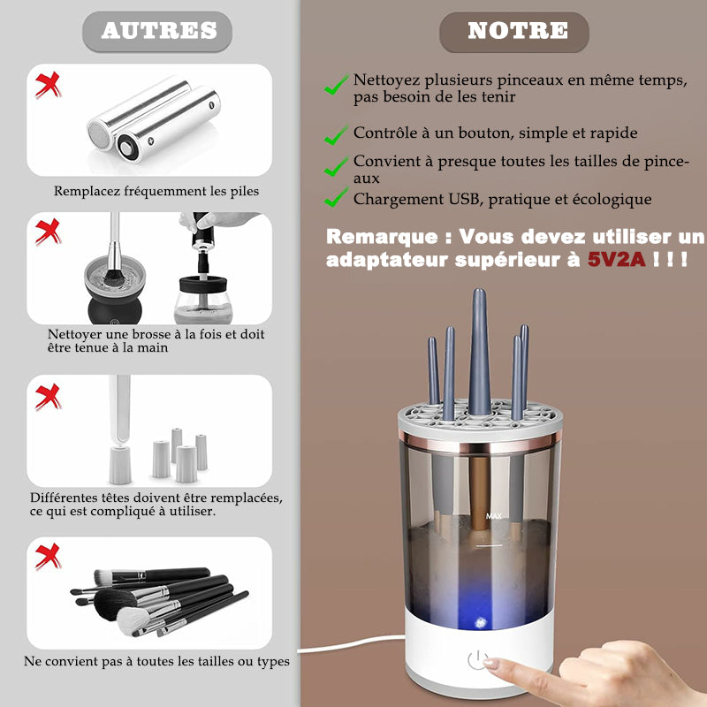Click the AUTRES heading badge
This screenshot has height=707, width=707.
(x=157, y=31)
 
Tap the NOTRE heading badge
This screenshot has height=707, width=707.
(x=514, y=32)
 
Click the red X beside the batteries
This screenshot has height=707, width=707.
(x=48, y=85)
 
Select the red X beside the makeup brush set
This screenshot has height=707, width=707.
(x=48, y=557)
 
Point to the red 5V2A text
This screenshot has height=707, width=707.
(x=617, y=259)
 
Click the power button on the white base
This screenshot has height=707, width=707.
(x=477, y=660)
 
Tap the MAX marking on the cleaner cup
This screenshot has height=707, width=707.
(x=494, y=516)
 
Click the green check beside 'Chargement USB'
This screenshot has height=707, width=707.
(x=337, y=197)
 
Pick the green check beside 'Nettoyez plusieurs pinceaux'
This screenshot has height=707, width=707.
(x=337, y=84)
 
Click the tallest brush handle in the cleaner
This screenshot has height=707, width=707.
(x=479, y=352)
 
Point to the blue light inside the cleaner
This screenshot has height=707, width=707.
(x=479, y=622)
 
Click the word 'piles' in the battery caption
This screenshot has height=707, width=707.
(x=245, y=191)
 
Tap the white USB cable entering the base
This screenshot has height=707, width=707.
(x=352, y=644)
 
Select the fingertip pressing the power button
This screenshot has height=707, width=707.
(x=491, y=663)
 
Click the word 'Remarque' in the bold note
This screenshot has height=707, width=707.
(x=382, y=237)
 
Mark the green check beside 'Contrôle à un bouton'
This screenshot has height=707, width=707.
(x=337, y=135)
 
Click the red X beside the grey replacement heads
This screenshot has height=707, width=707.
(x=48, y=397)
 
